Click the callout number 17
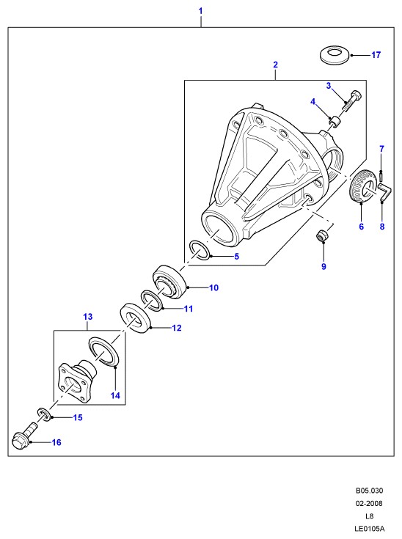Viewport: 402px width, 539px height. (x=376, y=55)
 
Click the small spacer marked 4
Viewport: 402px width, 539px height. (x=334, y=121)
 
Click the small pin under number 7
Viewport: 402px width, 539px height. (x=381, y=175)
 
